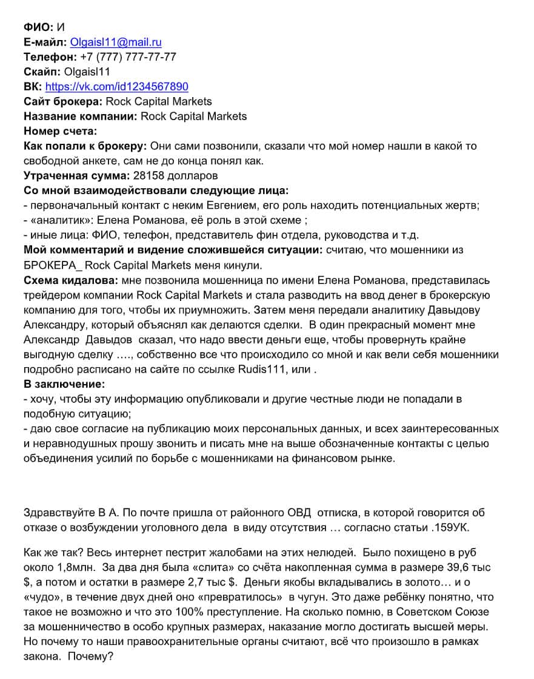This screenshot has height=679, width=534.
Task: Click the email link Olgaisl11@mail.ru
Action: tap(116, 42)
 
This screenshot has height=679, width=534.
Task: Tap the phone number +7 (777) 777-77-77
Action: tap(128, 56)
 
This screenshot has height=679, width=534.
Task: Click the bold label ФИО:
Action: tap(39, 27)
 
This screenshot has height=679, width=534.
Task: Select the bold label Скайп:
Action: tap(42, 72)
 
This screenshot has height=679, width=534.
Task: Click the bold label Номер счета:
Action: tap(61, 130)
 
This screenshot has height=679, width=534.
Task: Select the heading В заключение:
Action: tap(64, 384)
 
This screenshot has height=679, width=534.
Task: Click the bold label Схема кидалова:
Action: tap(72, 280)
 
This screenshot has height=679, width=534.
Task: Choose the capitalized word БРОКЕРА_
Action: tap(52, 265)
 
